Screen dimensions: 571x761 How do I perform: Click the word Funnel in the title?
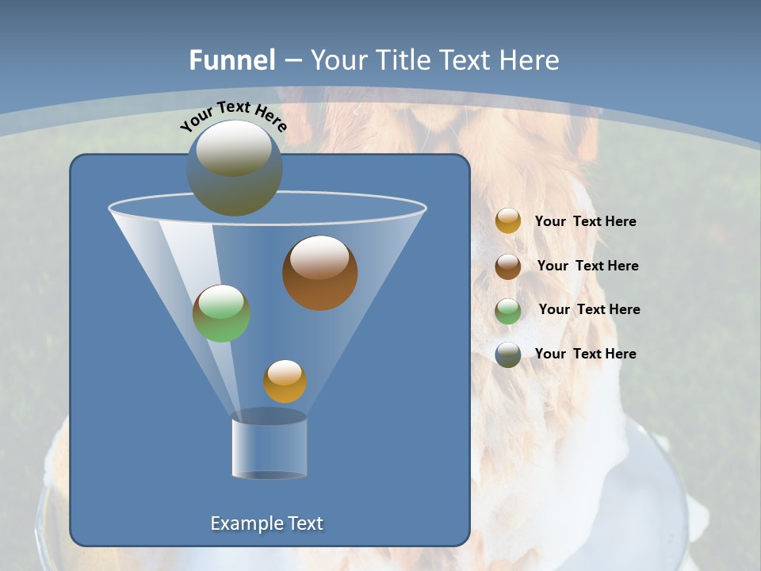click(x=231, y=60)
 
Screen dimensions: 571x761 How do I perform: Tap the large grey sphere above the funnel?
click(x=234, y=168)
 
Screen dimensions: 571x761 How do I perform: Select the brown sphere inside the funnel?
click(x=319, y=273)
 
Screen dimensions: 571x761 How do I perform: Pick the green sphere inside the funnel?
click(x=221, y=313)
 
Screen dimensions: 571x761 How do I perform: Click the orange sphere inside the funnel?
click(x=285, y=381)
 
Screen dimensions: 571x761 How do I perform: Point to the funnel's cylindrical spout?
click(x=269, y=446)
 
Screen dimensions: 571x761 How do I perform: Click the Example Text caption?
click(x=266, y=523)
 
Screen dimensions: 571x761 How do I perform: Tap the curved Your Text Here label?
click(x=233, y=116)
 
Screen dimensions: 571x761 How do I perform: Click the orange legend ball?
click(x=508, y=221)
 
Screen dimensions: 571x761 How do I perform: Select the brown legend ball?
click(x=508, y=266)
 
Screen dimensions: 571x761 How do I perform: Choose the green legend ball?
click(x=508, y=311)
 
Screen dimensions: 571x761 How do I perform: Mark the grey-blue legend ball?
click(x=508, y=354)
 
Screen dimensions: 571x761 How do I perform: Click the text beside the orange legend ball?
click(x=585, y=222)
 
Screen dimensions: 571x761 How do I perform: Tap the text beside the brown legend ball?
click(x=587, y=266)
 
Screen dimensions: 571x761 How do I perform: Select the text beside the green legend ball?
click(x=589, y=310)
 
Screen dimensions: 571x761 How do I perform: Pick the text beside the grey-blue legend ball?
click(x=585, y=354)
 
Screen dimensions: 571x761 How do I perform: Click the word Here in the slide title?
click(x=530, y=60)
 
